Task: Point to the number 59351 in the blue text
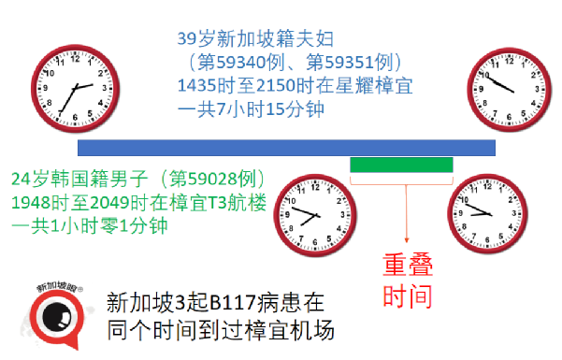point(354,63)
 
